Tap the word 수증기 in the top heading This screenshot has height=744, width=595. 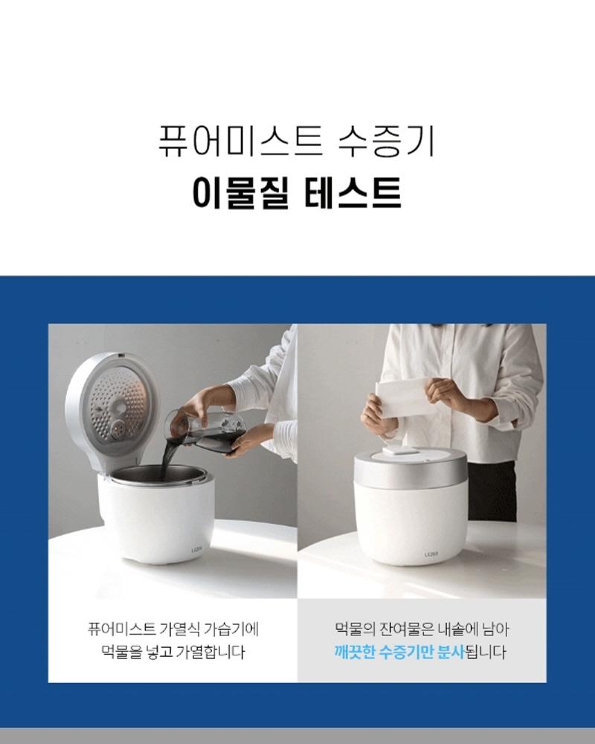point(386,141)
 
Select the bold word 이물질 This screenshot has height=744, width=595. point(240,193)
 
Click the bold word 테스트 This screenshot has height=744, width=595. point(353,193)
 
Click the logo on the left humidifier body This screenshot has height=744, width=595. point(196,551)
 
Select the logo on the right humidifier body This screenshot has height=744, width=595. point(431,554)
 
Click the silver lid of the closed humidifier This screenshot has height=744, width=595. point(412,464)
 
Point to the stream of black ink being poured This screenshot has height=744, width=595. point(167,454)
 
